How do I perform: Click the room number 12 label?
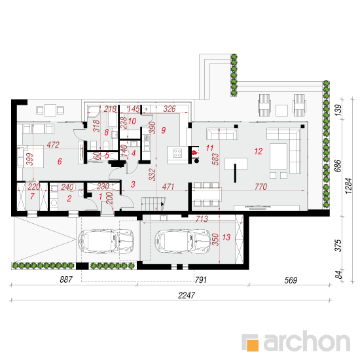259,151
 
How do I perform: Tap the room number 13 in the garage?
226,237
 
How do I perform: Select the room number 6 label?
60,162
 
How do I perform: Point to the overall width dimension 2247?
187,295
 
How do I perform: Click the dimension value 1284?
348,186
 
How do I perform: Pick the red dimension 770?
261,187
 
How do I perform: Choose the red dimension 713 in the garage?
202,219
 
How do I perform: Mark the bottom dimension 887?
66,279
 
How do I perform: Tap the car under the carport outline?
106,242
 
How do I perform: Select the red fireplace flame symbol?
194,153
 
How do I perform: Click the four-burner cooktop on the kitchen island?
177,153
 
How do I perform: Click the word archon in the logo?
307,342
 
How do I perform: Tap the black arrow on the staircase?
163,204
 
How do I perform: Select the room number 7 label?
32,196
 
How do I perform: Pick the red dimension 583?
215,159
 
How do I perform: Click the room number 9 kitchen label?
164,130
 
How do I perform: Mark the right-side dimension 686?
338,166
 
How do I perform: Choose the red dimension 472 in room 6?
53,145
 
